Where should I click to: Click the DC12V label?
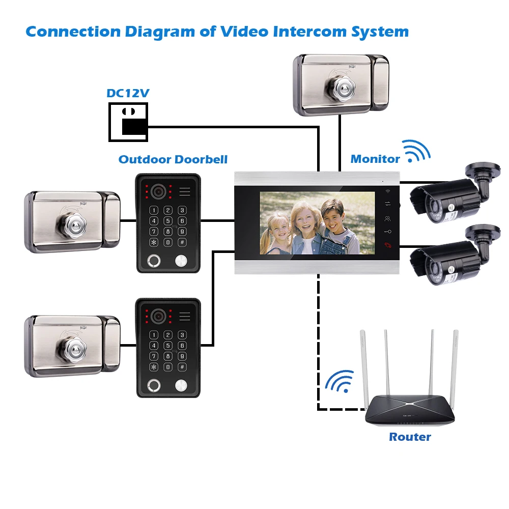tap(128, 94)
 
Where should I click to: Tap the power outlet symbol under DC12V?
tap(128, 122)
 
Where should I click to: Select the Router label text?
tap(410, 437)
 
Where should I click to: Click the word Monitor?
tap(375, 159)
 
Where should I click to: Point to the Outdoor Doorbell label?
tap(173, 159)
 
